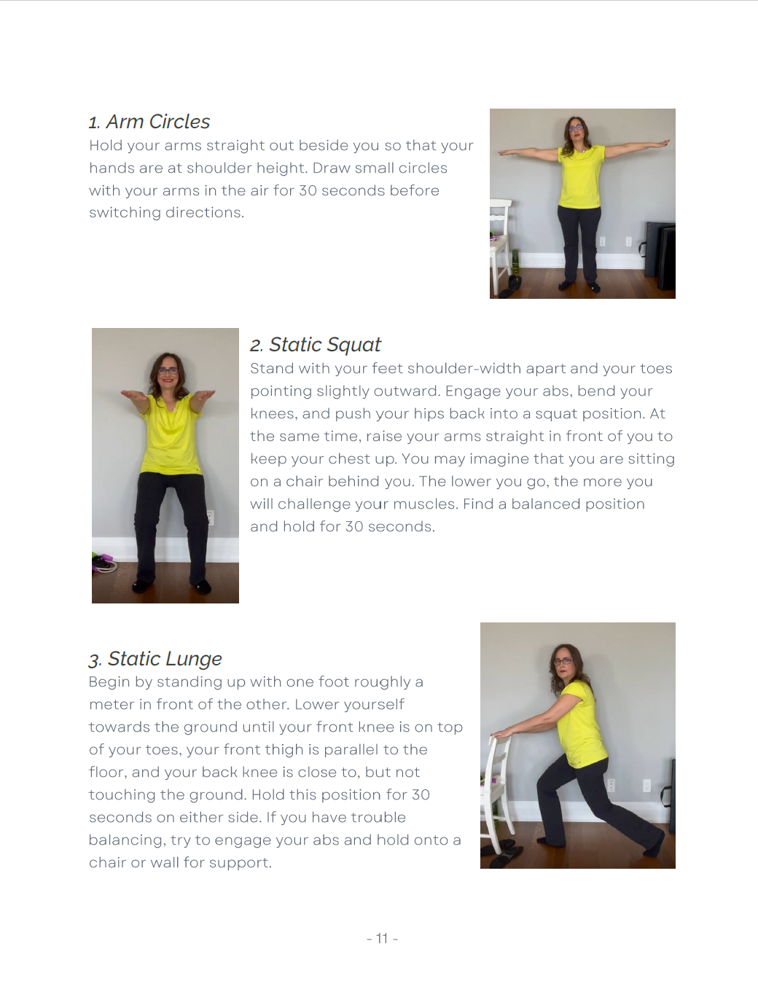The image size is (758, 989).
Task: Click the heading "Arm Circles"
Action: click(x=157, y=122)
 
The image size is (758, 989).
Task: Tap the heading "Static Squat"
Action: click(x=324, y=345)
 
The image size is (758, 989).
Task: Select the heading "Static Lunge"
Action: click(x=165, y=659)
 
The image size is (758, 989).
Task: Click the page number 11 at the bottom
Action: click(x=382, y=939)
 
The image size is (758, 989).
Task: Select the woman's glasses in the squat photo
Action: click(x=168, y=371)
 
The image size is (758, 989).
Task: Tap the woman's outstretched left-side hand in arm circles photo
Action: click(x=504, y=153)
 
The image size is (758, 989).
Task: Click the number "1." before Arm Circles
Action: click(x=94, y=123)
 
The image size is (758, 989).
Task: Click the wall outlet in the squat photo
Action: click(x=210, y=517)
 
